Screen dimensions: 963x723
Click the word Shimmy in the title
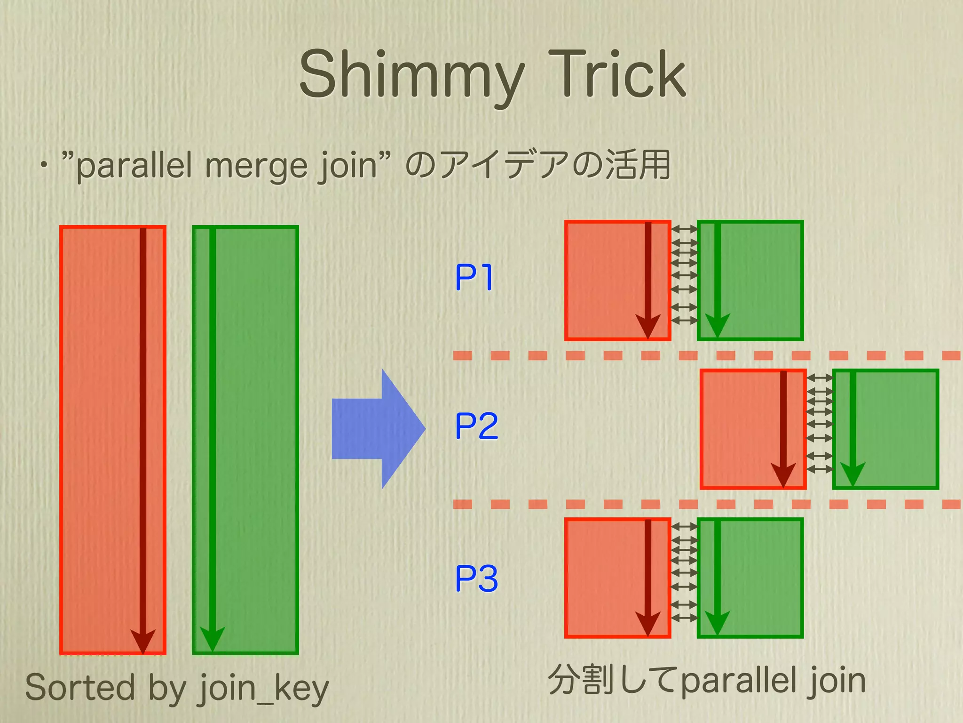(411, 75)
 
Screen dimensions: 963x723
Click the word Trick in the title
(617, 75)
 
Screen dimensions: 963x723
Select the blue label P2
(476, 426)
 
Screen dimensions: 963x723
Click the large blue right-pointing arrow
(379, 428)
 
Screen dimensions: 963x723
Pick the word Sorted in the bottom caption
(79, 687)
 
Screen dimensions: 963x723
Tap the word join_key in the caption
(264, 688)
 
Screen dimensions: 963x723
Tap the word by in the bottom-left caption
(167, 688)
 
